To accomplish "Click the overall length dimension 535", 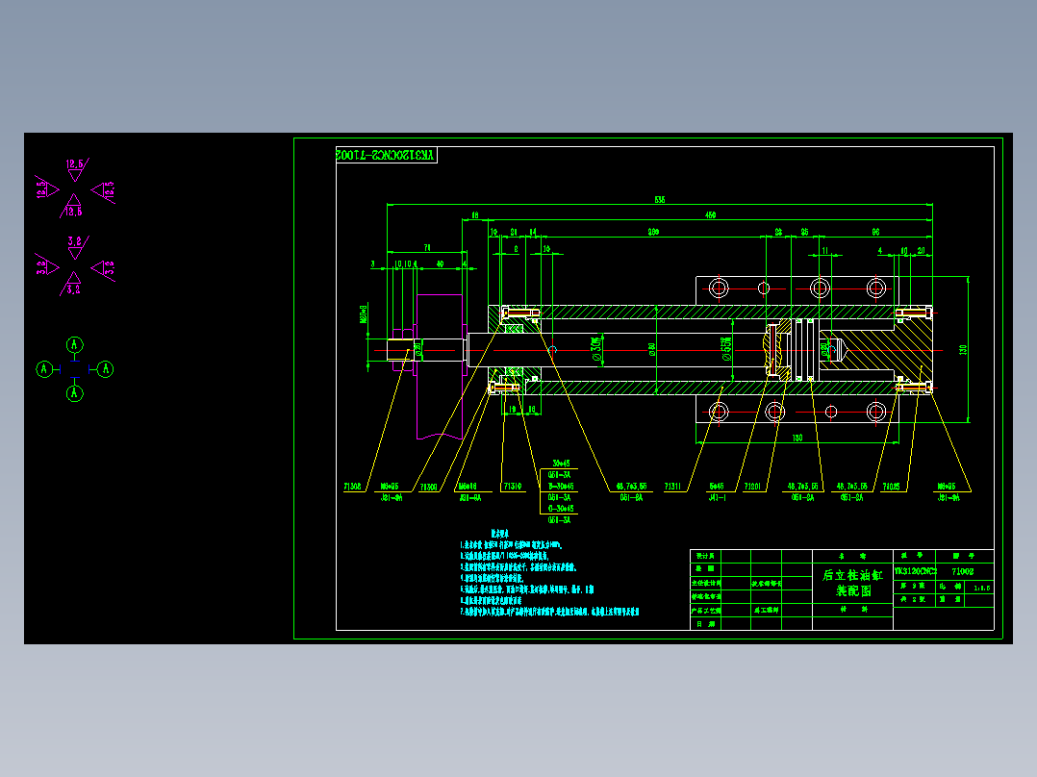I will (660, 200).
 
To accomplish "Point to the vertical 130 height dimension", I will (963, 349).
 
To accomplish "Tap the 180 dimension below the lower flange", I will (797, 439).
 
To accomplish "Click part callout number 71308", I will (352, 487).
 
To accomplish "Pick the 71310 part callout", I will (511, 487).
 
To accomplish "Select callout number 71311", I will (675, 487).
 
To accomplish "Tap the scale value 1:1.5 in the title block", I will (981, 586).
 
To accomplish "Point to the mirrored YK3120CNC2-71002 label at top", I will (386, 155).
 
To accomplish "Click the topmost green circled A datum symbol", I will (74, 344).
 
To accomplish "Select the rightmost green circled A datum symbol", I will (106, 368).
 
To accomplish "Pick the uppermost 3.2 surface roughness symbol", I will (74, 243).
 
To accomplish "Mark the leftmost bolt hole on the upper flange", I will (719, 288).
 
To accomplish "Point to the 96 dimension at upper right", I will (876, 233).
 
